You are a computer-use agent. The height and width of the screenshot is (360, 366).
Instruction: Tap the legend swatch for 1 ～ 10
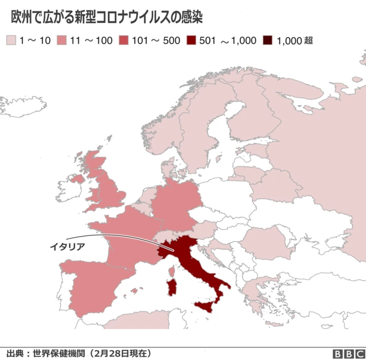[11, 41]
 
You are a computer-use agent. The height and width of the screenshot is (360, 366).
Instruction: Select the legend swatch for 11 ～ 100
[61, 41]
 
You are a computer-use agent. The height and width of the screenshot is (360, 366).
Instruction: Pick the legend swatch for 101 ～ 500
[124, 41]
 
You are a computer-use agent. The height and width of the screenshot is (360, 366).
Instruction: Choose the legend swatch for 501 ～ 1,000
[191, 41]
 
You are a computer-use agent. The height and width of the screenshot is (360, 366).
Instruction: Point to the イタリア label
[67, 246]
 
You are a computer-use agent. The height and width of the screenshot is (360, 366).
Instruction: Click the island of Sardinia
[170, 286]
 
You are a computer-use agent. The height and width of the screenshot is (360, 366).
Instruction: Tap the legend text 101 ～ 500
[156, 41]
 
